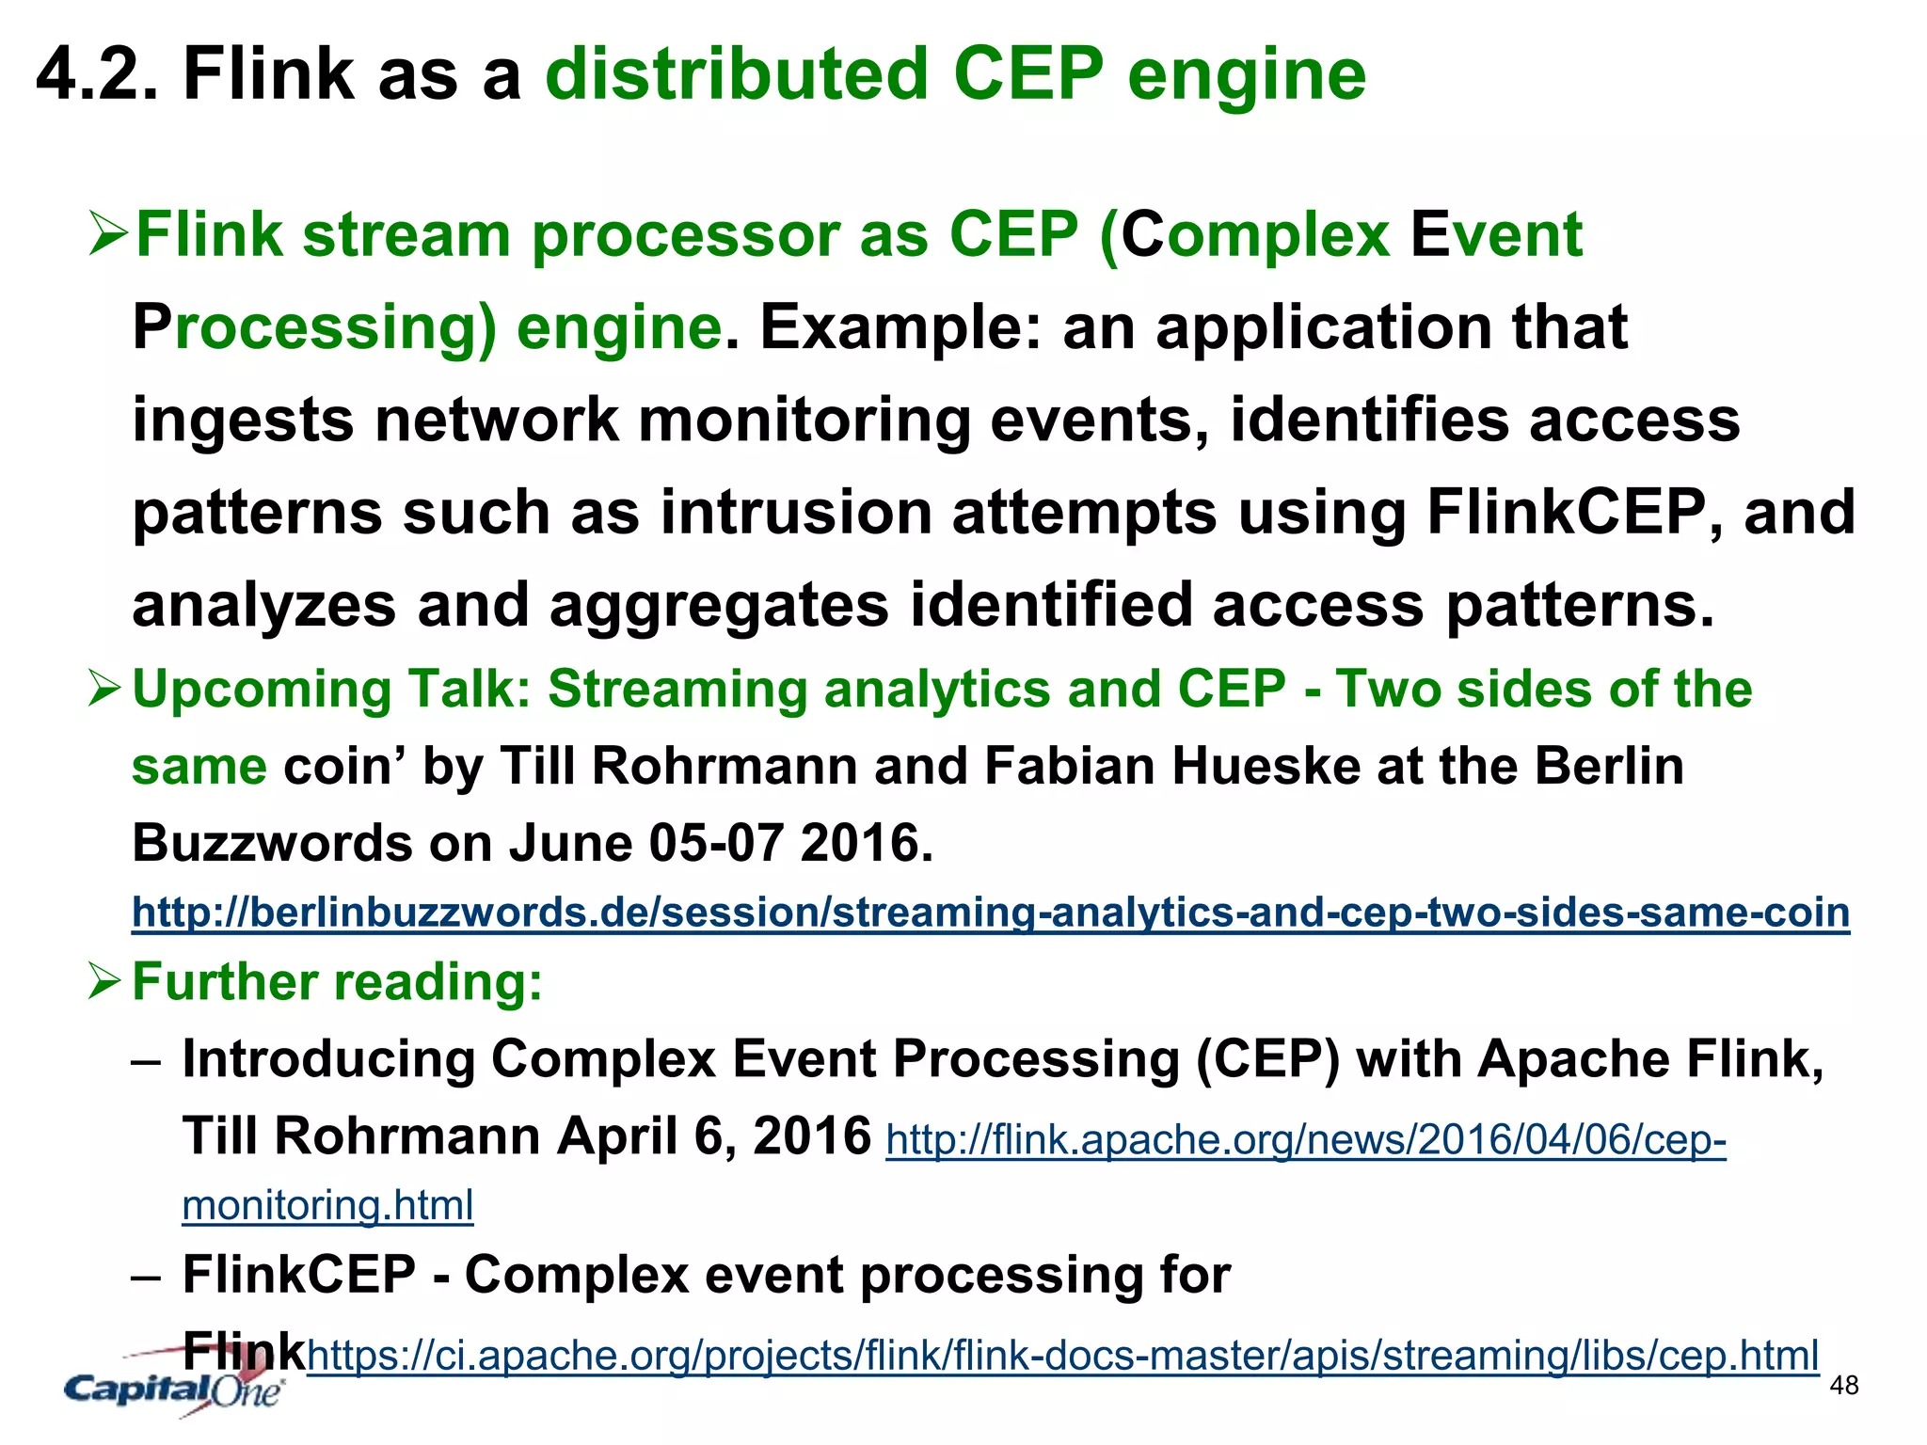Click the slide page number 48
[x=1844, y=1386]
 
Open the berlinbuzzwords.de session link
[x=990, y=913]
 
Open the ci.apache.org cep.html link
[x=1062, y=1356]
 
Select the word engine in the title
[x=1247, y=75]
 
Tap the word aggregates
[x=719, y=605]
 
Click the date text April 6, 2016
[x=714, y=1136]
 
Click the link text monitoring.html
[x=327, y=1205]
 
